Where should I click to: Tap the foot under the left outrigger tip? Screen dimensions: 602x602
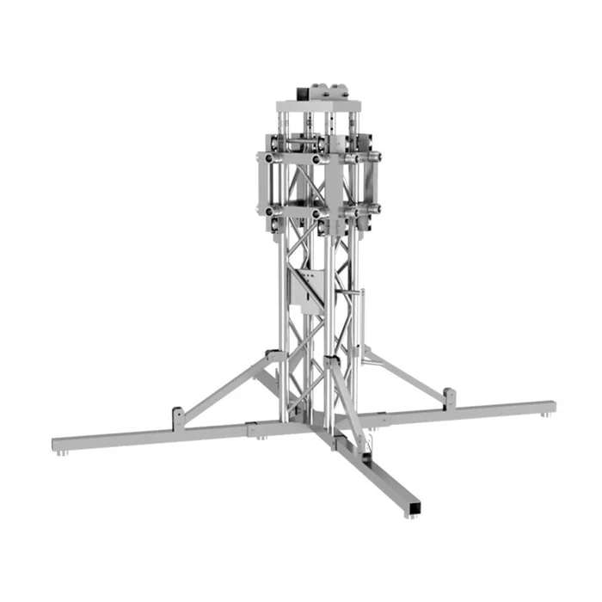tap(60, 452)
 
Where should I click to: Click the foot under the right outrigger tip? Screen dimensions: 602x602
tap(545, 416)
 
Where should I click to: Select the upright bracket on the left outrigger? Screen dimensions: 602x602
tap(178, 417)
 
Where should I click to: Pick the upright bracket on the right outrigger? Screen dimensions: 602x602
tap(450, 397)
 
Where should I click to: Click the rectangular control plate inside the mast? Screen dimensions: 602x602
tap(306, 289)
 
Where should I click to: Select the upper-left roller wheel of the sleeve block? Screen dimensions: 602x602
tap(272, 159)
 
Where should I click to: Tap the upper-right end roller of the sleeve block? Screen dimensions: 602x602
tap(375, 157)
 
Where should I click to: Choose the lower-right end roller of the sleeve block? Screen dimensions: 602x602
tap(375, 209)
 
